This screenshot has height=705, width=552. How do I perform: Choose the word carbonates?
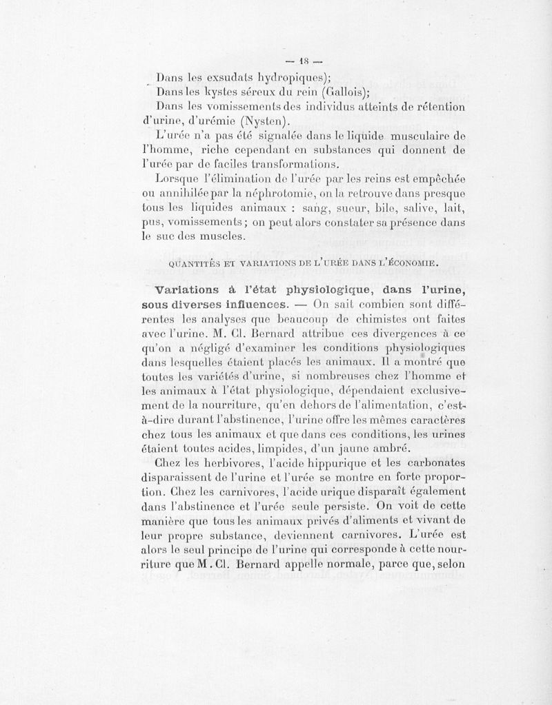[433, 461]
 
